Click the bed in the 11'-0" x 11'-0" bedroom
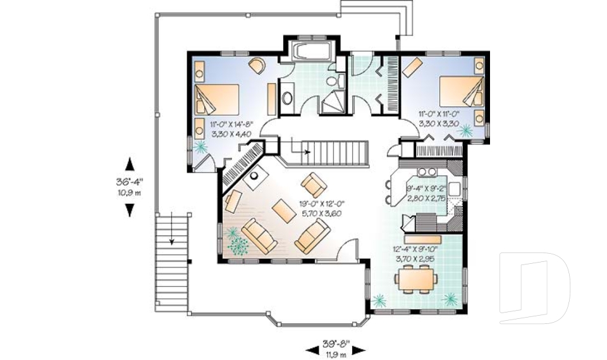click(459, 90)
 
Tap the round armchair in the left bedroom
click(257, 65)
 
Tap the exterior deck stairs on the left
click(171, 238)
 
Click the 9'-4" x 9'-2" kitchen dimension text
click(426, 193)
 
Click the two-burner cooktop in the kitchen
click(427, 171)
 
